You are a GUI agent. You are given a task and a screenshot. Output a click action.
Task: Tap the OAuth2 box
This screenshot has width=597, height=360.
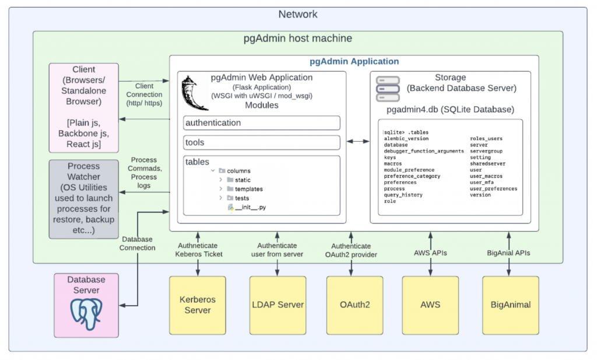point(354,305)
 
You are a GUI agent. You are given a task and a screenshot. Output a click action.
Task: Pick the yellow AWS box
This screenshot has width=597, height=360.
point(430,305)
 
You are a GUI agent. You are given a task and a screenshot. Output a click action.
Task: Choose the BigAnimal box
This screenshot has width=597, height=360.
point(510,305)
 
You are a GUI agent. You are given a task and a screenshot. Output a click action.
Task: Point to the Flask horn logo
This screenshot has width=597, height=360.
point(195,92)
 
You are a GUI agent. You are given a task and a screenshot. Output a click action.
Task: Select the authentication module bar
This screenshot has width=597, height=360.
point(262,123)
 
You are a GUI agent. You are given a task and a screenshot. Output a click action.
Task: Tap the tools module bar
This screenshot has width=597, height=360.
point(262,142)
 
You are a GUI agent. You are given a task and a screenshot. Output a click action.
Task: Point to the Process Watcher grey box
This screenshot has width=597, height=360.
point(84,198)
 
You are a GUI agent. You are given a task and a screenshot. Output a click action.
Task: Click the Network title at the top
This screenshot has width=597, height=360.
point(298,15)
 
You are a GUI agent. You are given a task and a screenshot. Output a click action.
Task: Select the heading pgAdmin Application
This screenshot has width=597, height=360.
point(354,61)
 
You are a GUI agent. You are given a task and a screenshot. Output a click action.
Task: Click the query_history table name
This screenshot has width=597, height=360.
point(403,195)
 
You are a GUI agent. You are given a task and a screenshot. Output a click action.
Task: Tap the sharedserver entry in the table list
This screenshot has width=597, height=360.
point(488,164)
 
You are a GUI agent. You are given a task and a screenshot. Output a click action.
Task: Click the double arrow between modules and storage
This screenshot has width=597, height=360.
point(355,141)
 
